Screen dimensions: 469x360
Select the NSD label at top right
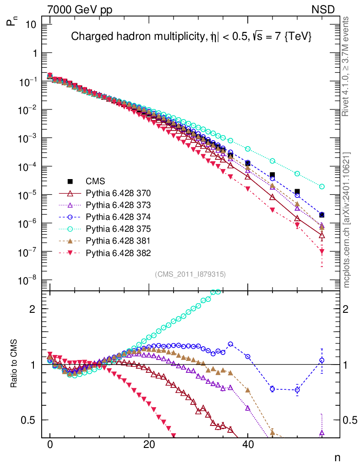(324, 9)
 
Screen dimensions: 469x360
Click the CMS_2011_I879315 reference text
(190, 274)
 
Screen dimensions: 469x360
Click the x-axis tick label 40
(247, 444)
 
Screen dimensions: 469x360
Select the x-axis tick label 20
(148, 444)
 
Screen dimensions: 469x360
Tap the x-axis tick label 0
(50, 444)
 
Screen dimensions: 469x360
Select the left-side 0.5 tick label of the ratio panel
(30, 420)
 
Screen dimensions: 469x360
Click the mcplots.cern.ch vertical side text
(347, 220)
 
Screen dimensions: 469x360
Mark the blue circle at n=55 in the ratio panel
(322, 360)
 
